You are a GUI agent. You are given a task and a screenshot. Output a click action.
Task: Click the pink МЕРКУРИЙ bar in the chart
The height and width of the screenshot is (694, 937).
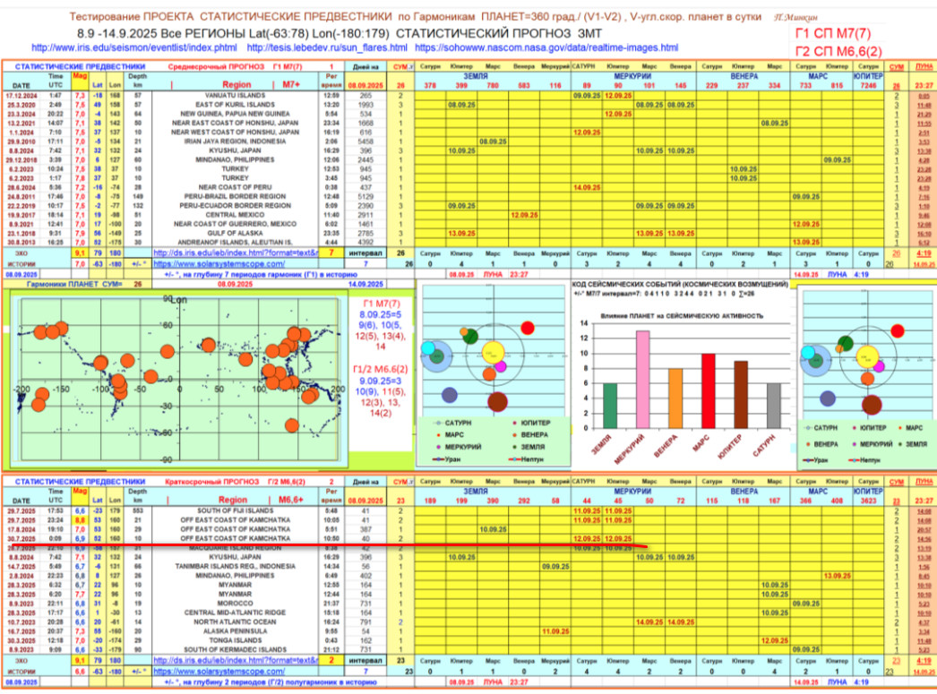[642, 379]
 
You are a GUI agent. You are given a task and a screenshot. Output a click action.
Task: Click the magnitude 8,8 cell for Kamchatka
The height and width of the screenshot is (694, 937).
[80, 519]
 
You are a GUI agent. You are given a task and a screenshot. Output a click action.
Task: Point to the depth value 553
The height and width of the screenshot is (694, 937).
[139, 510]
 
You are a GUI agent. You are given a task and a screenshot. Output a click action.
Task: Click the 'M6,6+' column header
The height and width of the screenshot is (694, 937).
[290, 499]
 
